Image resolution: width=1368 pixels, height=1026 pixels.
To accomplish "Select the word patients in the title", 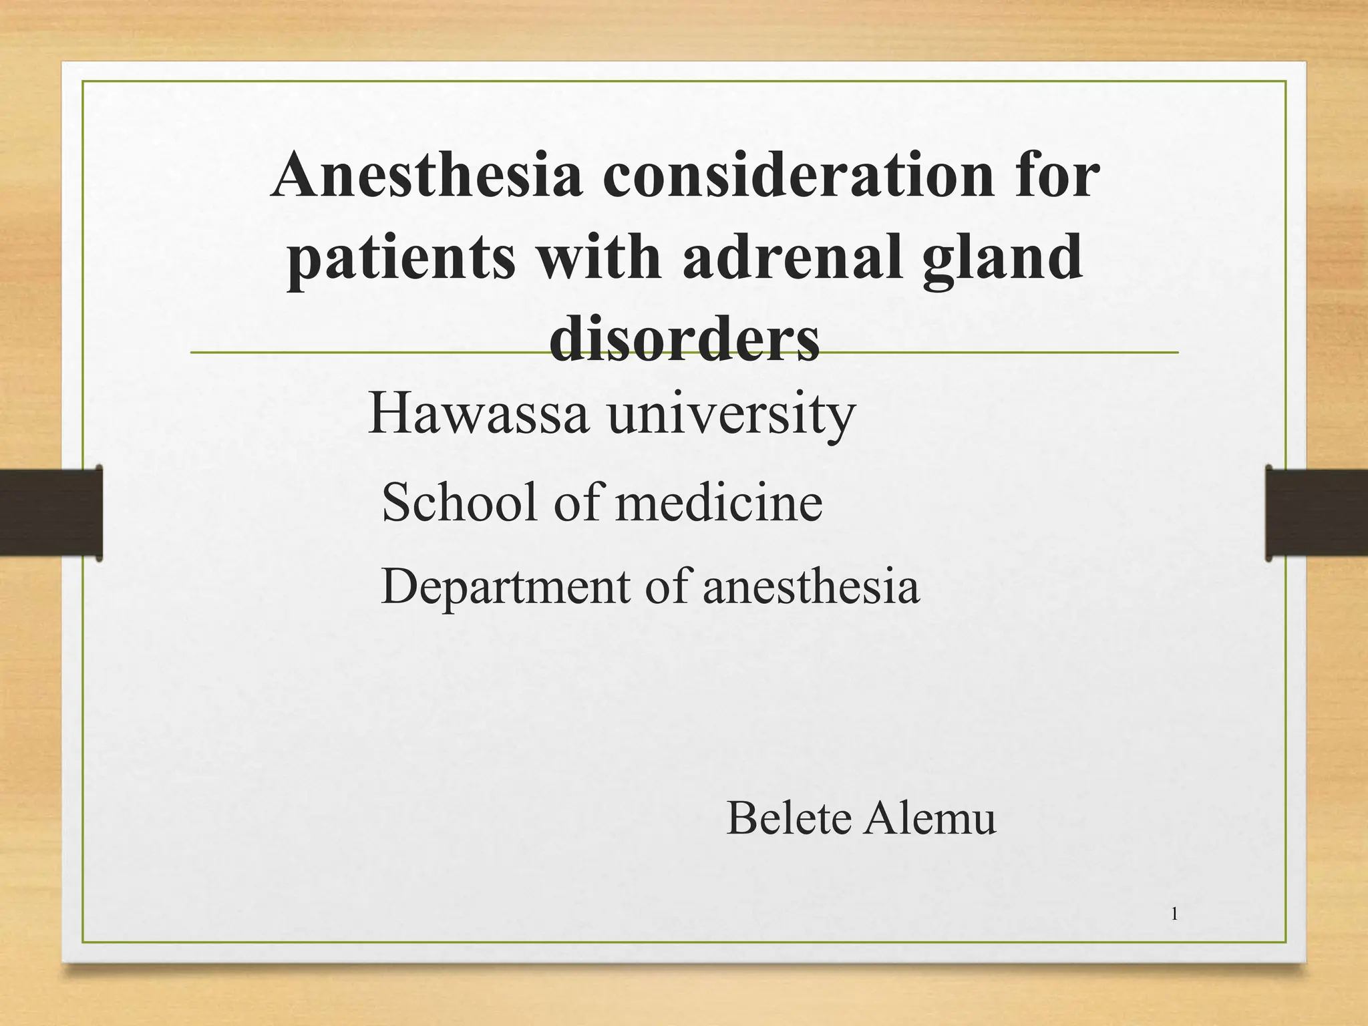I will pos(401,259).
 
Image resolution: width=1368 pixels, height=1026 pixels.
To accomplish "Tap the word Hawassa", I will pos(478,413).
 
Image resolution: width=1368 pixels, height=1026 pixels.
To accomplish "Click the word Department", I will pos(505,587).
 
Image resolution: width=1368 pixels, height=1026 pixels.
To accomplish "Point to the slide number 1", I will pos(1174,914).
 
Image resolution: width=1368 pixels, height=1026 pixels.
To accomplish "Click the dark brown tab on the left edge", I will pos(51,512).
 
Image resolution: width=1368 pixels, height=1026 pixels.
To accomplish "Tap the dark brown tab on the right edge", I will pos(1317,512).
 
